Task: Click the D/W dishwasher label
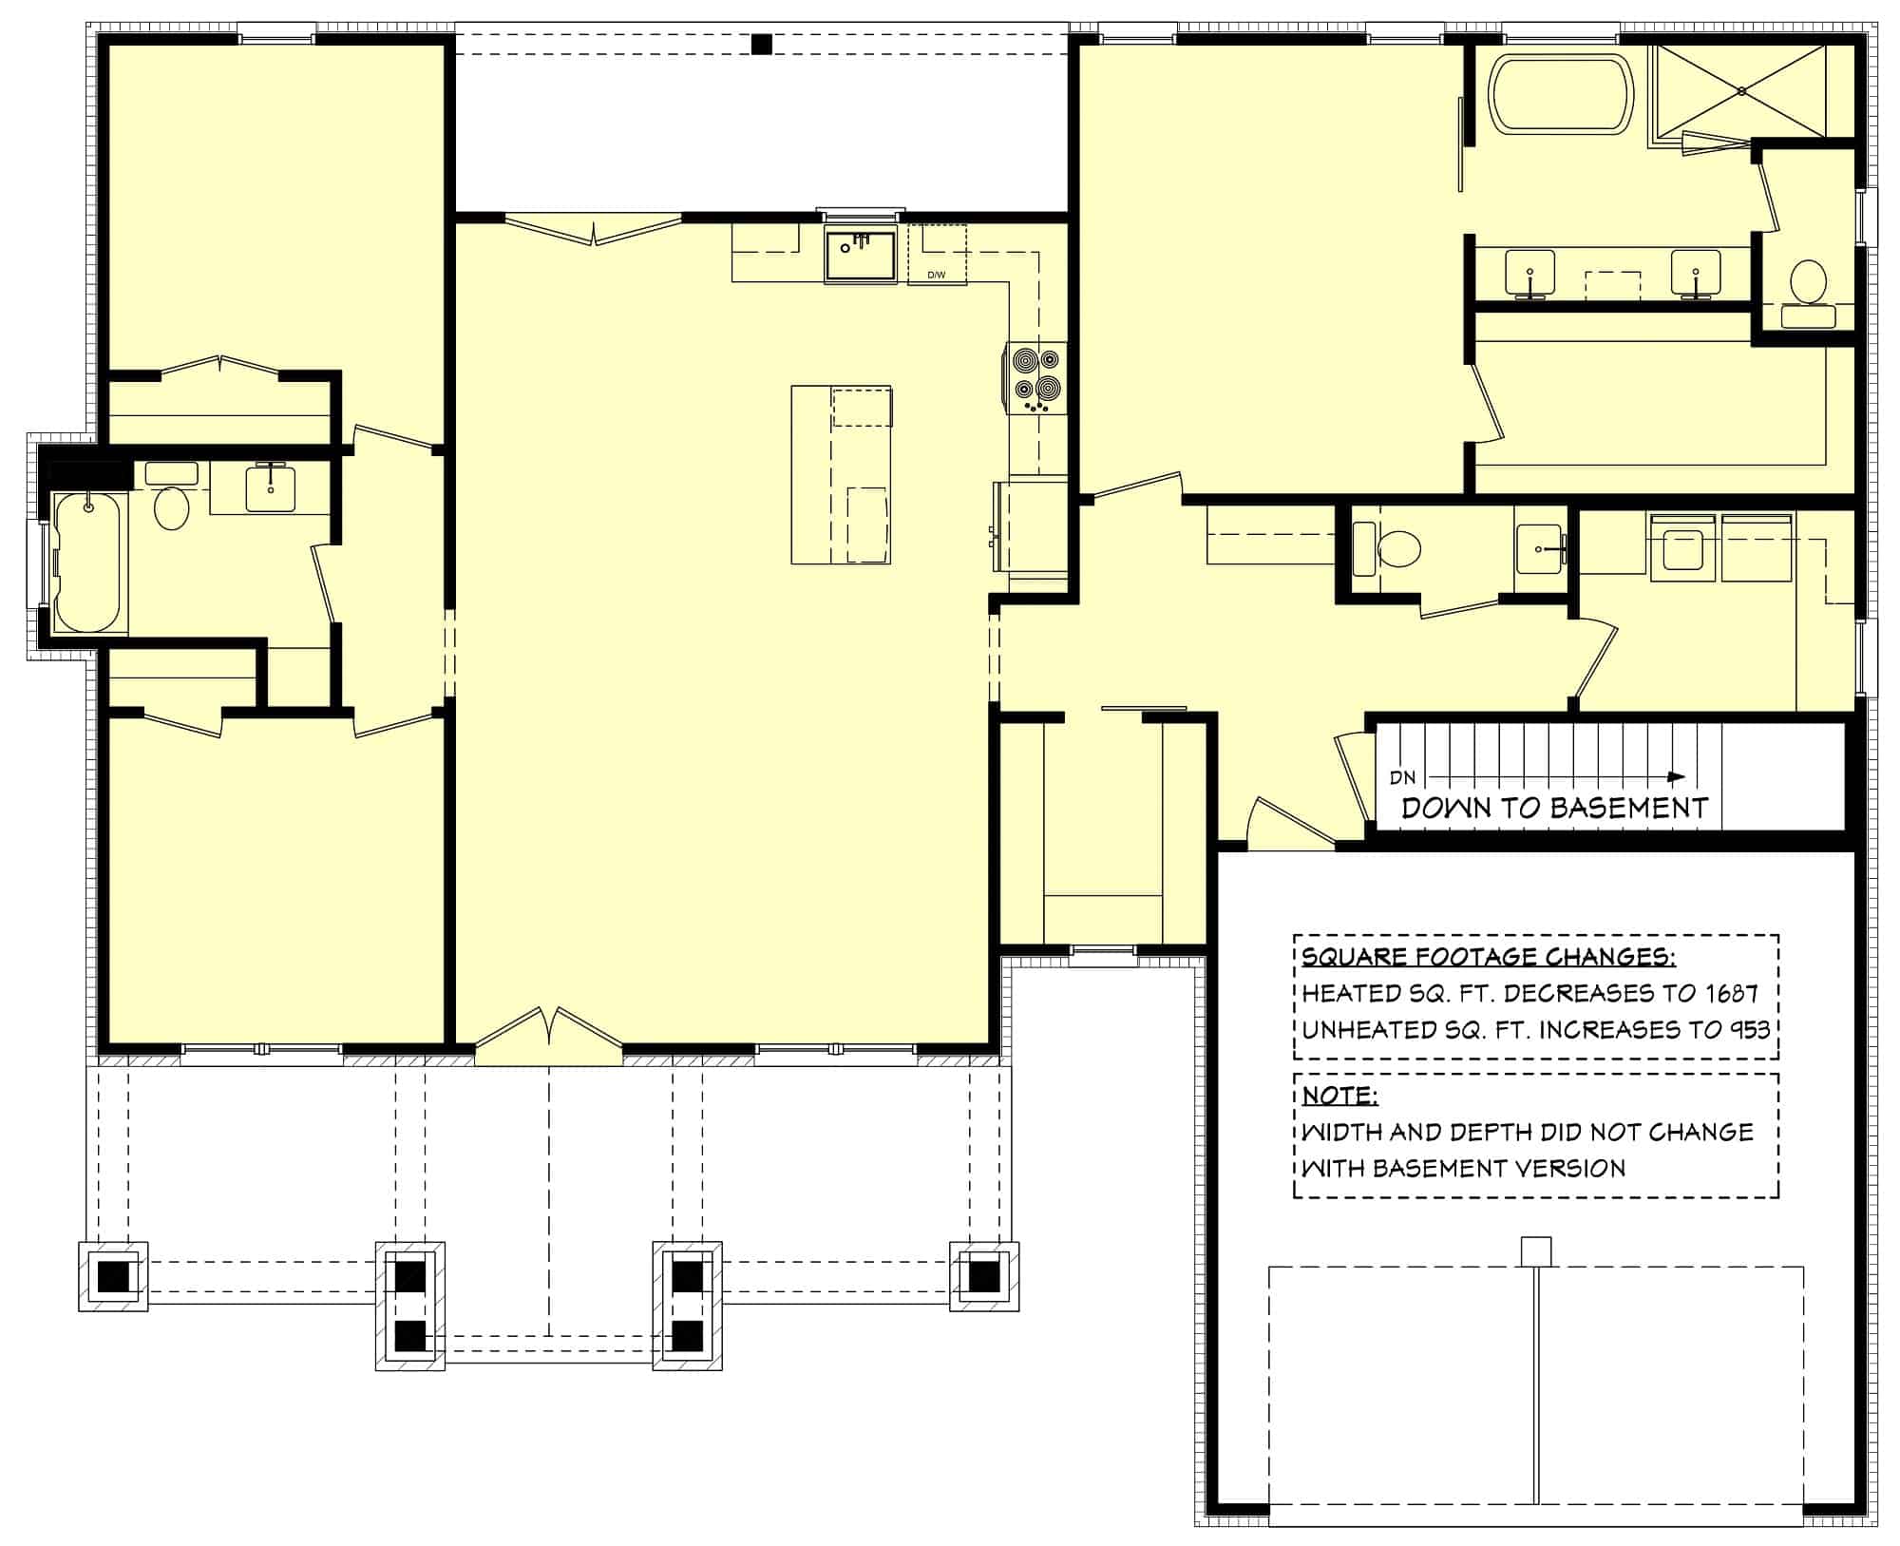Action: [x=937, y=276]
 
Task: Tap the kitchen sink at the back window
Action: [x=860, y=255]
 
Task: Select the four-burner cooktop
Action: [x=1036, y=376]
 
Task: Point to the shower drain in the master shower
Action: [x=1741, y=91]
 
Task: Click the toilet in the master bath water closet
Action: [x=1808, y=284]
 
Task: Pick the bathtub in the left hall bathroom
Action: [x=87, y=562]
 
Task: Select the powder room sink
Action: [x=1539, y=549]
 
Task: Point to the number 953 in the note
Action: [x=1747, y=1030]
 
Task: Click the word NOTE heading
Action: [x=1339, y=1096]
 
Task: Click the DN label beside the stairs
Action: [x=1403, y=777]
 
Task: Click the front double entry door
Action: [x=549, y=1033]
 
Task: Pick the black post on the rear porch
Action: [x=761, y=45]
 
